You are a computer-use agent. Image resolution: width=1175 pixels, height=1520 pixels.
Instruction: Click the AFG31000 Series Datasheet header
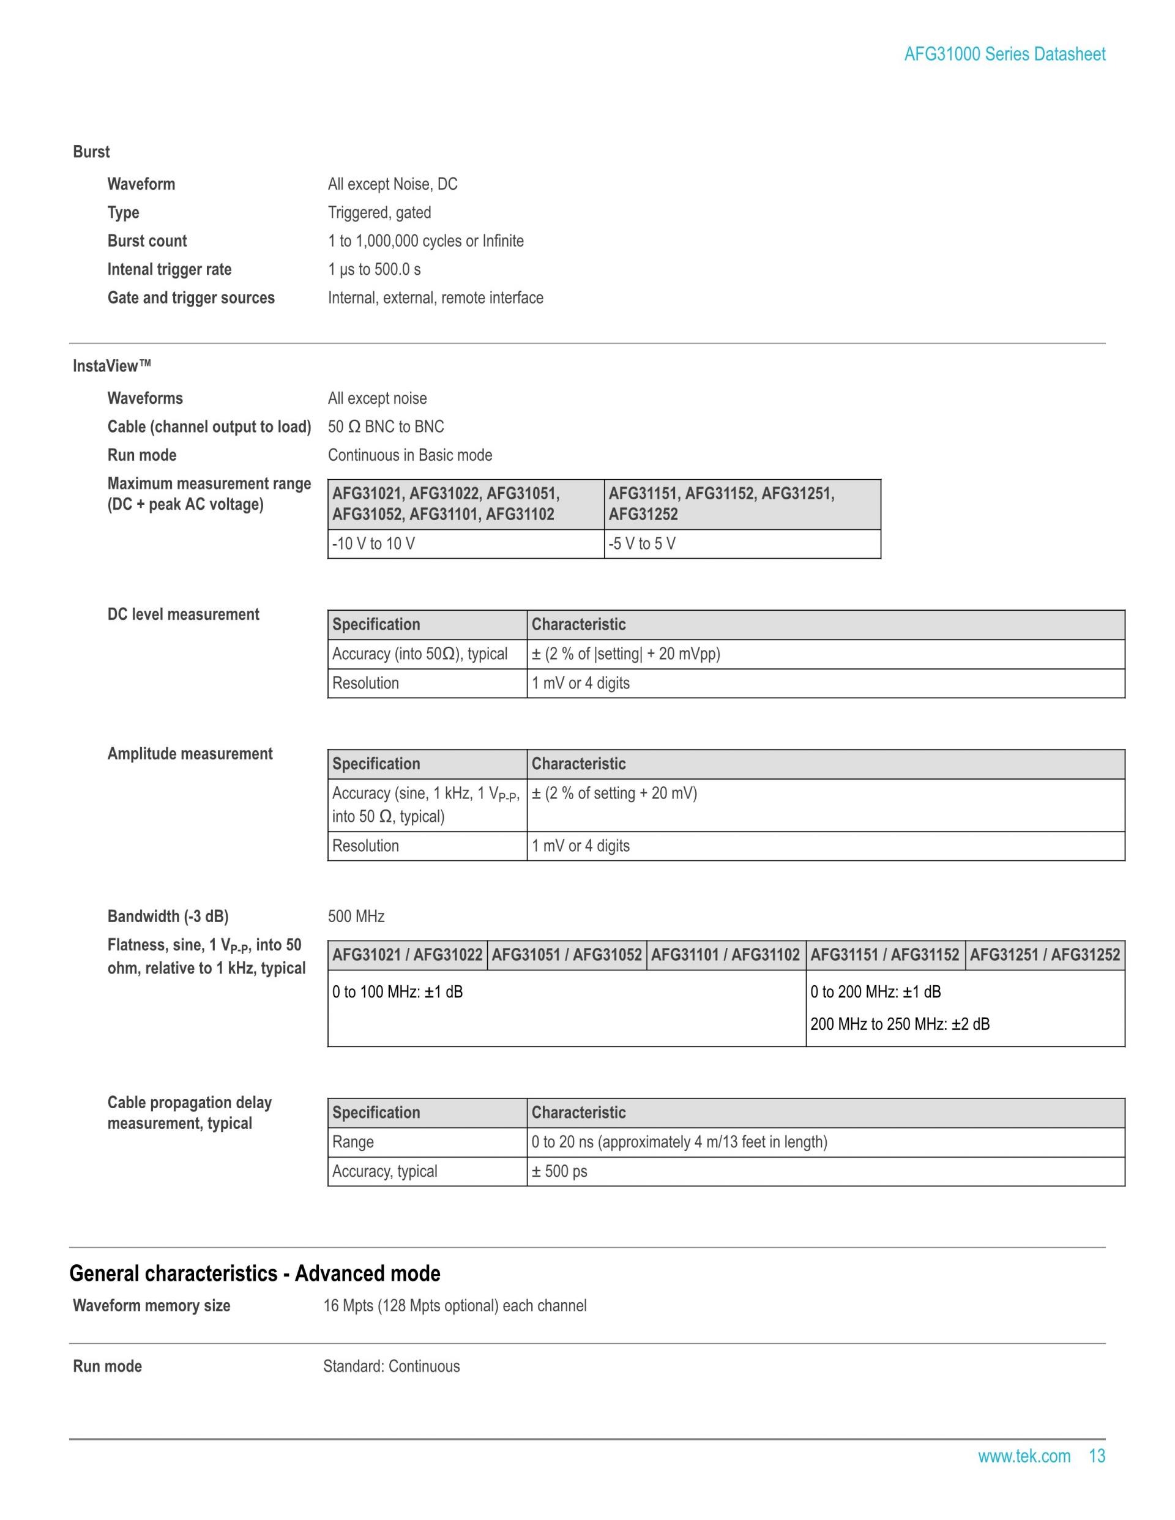point(1004,54)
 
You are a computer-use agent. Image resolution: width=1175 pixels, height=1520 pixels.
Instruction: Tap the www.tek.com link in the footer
point(1023,1456)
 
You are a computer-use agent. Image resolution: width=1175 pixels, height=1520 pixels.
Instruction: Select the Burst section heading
point(91,152)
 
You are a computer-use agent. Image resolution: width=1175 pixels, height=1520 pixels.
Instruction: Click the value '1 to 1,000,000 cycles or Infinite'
point(425,241)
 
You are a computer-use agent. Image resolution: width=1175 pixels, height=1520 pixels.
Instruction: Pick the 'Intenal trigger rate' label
point(169,269)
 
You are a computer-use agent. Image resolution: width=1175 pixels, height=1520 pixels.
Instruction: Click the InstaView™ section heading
point(111,366)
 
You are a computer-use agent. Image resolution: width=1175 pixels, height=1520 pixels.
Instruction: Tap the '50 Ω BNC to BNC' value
point(386,427)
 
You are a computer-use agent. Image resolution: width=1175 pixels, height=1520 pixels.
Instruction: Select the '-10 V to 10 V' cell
point(373,543)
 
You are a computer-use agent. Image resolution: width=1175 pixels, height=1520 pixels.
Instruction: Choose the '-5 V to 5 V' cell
point(642,543)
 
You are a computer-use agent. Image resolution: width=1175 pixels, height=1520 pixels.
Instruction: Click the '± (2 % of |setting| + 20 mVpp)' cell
point(625,654)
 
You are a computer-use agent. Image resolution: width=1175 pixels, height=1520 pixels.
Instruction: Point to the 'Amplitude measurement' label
point(189,754)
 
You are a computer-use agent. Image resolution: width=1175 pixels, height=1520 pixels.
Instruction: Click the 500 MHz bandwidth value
point(356,917)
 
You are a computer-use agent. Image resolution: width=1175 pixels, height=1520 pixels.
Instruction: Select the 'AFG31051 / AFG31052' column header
point(567,955)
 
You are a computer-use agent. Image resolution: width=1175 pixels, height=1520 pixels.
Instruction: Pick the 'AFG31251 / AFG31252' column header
point(1044,955)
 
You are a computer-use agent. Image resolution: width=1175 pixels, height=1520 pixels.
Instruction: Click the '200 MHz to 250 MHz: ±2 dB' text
point(900,1024)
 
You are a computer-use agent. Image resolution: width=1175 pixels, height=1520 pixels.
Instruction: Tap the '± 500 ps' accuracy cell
point(559,1171)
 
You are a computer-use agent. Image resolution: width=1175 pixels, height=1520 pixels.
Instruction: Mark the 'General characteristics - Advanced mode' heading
point(255,1273)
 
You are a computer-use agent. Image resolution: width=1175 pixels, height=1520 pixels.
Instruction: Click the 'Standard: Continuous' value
point(391,1366)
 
